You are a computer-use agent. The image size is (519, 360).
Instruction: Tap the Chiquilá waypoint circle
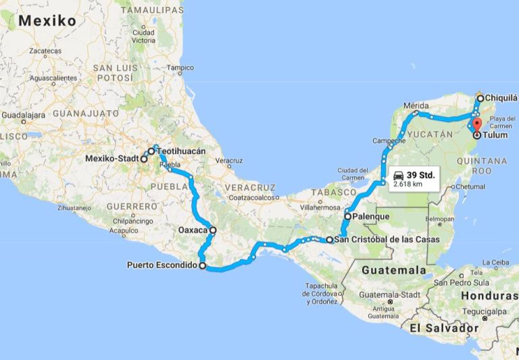point(480,99)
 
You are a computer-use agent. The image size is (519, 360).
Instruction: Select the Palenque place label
point(370,217)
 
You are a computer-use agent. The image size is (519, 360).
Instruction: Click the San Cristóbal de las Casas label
point(387,240)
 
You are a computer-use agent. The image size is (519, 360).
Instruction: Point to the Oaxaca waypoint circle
point(213,230)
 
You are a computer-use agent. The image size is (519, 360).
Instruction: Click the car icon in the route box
point(398,175)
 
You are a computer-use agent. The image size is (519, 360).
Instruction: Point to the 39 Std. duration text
point(420,175)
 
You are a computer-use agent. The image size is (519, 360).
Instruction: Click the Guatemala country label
point(394,270)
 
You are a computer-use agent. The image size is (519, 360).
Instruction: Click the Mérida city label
point(416,106)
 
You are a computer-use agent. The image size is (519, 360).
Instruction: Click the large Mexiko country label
point(47,20)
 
